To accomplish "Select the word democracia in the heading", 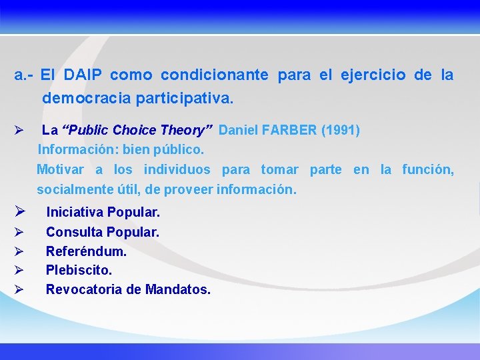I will click(87, 99).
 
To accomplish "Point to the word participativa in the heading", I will click(185, 99).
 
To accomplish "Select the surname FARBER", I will click(291, 130).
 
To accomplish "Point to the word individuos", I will click(177, 169).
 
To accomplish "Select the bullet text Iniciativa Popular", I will click(103, 213).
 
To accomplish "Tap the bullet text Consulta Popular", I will click(102, 232).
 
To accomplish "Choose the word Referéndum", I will click(86, 251).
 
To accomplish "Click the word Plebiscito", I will click(79, 271).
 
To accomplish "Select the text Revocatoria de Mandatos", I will click(128, 290).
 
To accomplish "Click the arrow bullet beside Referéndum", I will click(19, 251).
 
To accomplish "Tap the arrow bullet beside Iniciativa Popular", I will click(20, 213).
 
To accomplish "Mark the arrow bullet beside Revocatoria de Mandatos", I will click(19, 290).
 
